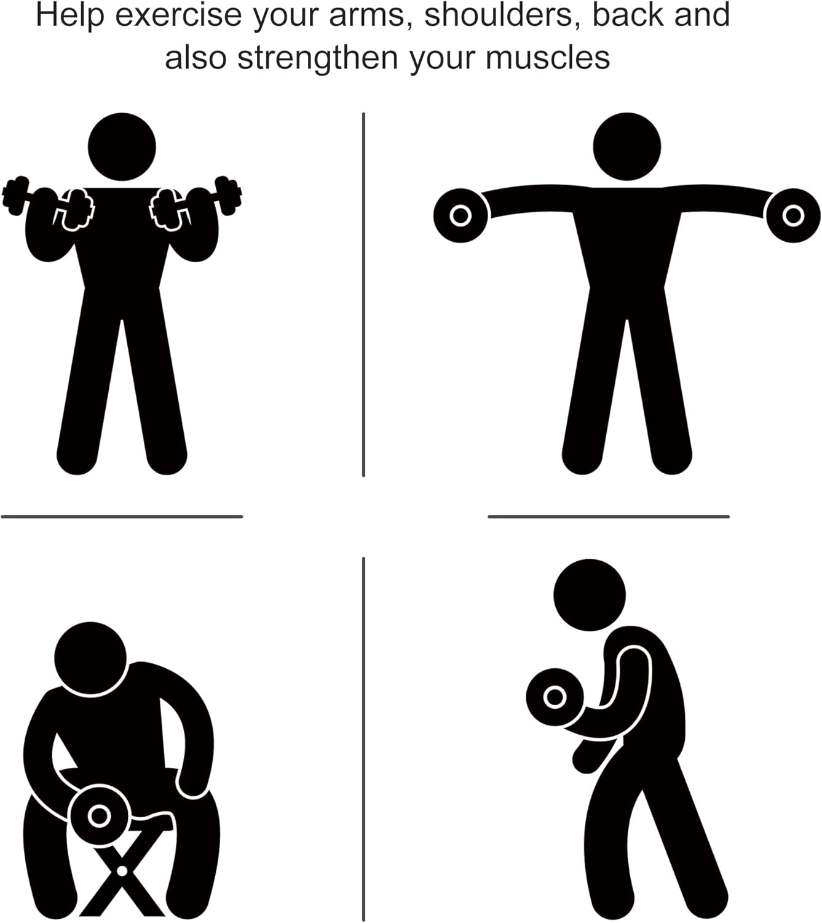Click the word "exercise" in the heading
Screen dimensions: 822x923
(178, 15)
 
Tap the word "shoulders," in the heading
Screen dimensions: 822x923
(502, 15)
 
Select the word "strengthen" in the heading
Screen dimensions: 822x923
(318, 58)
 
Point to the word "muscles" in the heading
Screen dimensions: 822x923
(548, 58)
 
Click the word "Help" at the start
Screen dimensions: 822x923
(70, 15)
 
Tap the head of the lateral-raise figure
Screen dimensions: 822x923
(626, 146)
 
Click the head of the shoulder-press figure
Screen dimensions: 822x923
(122, 146)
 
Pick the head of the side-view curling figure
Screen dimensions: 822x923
(590, 595)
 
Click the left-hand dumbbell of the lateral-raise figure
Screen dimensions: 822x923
(460, 215)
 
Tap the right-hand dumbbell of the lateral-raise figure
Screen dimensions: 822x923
(794, 215)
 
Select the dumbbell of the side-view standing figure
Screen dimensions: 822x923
(555, 697)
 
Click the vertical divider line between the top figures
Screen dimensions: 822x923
(363, 295)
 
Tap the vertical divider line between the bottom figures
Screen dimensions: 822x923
(363, 739)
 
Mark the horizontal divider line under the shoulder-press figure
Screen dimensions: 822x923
(122, 517)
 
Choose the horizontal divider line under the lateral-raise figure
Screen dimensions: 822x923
(609, 517)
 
